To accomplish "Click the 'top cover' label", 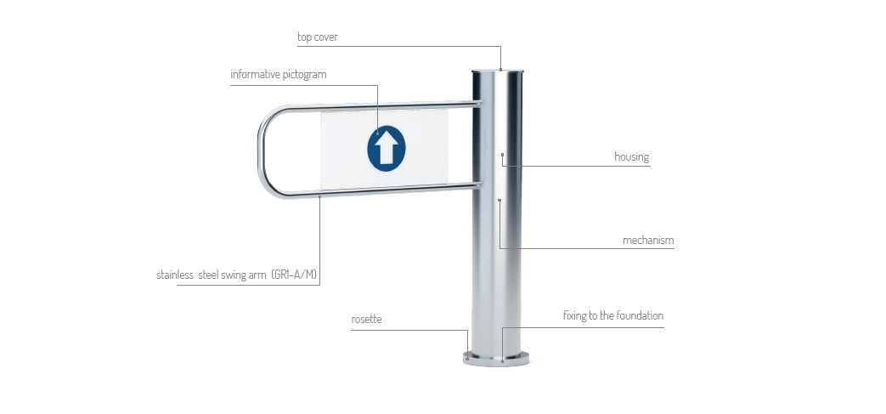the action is point(318,37).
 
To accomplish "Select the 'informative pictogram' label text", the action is point(278,75).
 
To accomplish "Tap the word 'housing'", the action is point(632,156).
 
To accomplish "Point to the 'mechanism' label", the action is point(648,241).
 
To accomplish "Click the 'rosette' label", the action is point(366,320).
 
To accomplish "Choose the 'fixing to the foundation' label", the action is point(613,315).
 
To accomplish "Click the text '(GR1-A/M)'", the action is point(294,275).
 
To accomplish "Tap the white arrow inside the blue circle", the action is point(387,148).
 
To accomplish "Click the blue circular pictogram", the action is point(387,148).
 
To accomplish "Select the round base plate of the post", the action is point(496,359).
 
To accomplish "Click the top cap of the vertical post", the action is point(498,71).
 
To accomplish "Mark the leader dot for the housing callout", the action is point(502,154).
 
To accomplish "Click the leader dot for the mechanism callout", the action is point(499,200).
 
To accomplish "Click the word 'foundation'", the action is point(640,315).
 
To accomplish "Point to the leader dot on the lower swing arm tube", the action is point(319,197).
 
